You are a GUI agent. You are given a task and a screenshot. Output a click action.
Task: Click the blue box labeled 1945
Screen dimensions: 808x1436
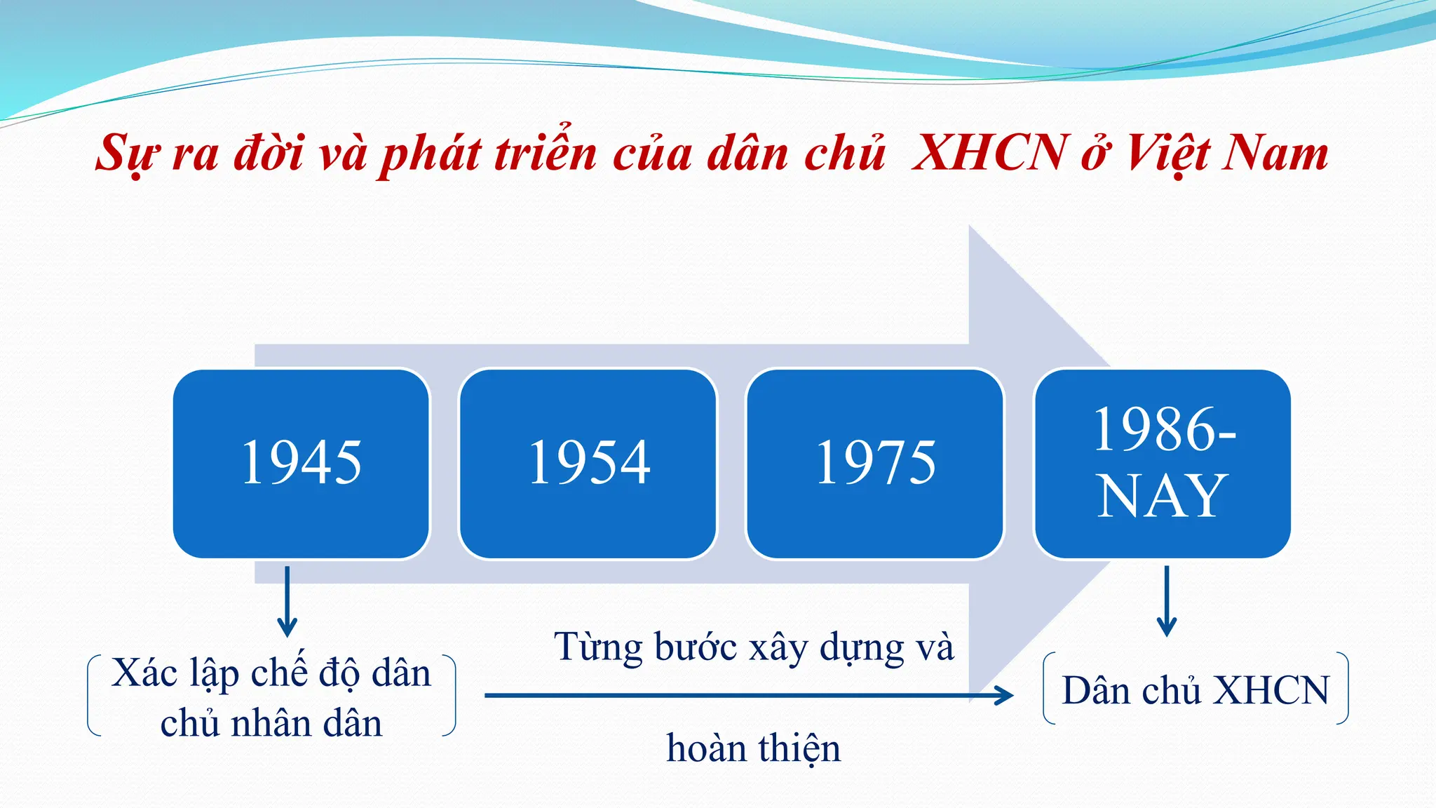301,464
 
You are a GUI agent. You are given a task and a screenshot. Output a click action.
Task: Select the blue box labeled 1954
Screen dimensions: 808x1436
588,464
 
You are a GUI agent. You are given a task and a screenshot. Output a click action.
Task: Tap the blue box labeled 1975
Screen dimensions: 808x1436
875,464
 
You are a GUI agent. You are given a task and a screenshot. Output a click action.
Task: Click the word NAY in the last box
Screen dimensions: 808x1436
1163,497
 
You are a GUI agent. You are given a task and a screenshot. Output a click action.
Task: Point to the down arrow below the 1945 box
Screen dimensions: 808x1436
287,603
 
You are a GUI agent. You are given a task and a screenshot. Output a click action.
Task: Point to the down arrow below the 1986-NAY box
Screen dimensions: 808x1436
1167,603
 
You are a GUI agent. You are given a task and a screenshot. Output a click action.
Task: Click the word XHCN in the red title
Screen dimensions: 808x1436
989,153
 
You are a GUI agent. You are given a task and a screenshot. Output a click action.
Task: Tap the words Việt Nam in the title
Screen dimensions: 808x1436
1227,153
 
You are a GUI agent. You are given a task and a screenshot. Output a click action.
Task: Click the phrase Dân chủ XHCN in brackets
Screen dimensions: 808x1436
1195,690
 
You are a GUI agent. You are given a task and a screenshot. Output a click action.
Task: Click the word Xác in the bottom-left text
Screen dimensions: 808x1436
144,673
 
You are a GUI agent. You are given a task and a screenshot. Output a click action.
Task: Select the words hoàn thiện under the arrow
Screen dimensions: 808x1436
753,748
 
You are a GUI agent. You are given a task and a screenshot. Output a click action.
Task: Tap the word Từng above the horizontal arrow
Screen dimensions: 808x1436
598,647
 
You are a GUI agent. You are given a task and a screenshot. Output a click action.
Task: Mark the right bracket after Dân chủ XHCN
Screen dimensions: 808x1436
1343,688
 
